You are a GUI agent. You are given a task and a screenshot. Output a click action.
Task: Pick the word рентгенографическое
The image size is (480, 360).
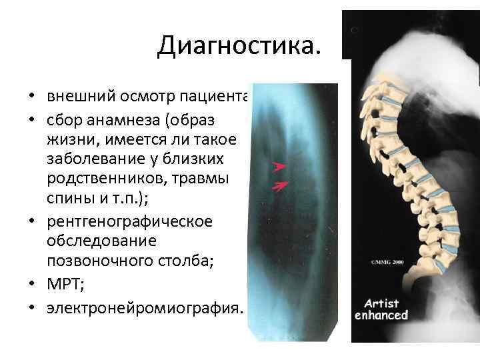coord(129,221)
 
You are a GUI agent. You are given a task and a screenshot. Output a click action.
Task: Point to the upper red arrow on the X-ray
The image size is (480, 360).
coord(279,164)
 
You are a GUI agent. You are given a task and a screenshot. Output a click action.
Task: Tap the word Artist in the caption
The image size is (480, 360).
coord(381,303)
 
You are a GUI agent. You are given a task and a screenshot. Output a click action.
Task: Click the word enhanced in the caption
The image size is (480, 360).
coord(381,315)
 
